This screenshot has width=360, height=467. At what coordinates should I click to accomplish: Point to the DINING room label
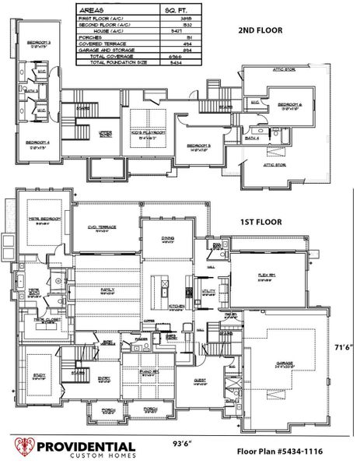pyautogui.click(x=167, y=239)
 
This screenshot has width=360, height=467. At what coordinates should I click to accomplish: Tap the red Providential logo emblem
pyautogui.click(x=23, y=450)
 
